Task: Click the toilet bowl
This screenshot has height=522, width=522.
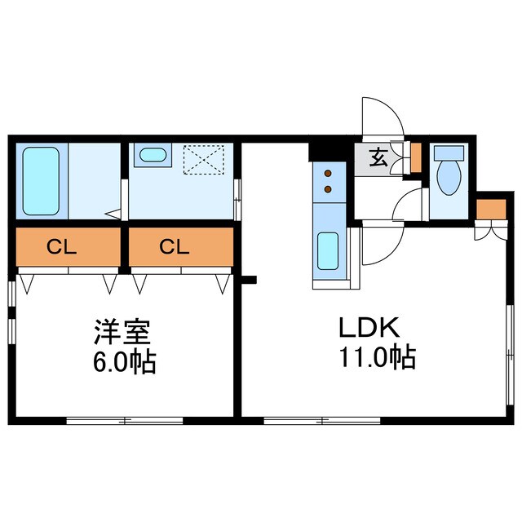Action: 448,178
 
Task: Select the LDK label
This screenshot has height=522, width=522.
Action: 368,329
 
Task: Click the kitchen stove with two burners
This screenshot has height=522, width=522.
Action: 328,181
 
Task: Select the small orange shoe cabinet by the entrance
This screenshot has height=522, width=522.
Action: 416,157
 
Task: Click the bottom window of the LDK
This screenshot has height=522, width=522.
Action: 322,421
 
